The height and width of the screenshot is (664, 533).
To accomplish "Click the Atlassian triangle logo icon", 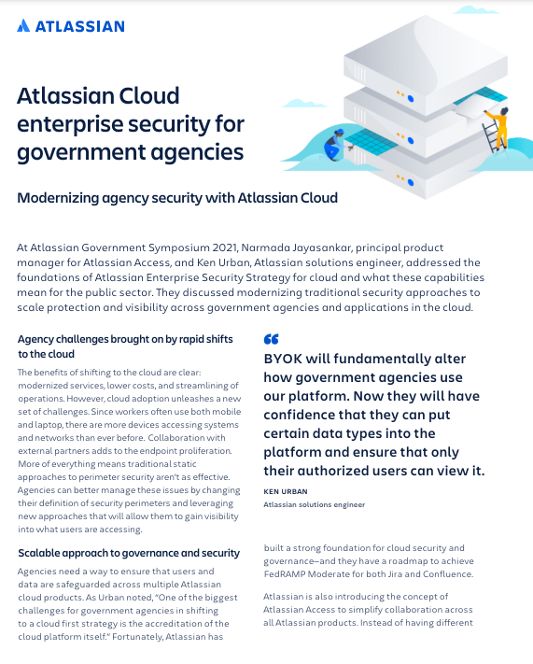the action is (x=23, y=26).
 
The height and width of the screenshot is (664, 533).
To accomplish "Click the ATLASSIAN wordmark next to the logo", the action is (x=79, y=26).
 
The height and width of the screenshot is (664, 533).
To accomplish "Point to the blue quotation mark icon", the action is (x=271, y=340).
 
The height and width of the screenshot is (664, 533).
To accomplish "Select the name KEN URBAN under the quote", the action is (x=286, y=490).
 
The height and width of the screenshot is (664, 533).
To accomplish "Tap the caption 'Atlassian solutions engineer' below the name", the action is (x=315, y=504).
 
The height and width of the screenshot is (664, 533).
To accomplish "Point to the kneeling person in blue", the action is (x=333, y=145).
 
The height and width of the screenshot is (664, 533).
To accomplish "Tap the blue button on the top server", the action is (x=408, y=95).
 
